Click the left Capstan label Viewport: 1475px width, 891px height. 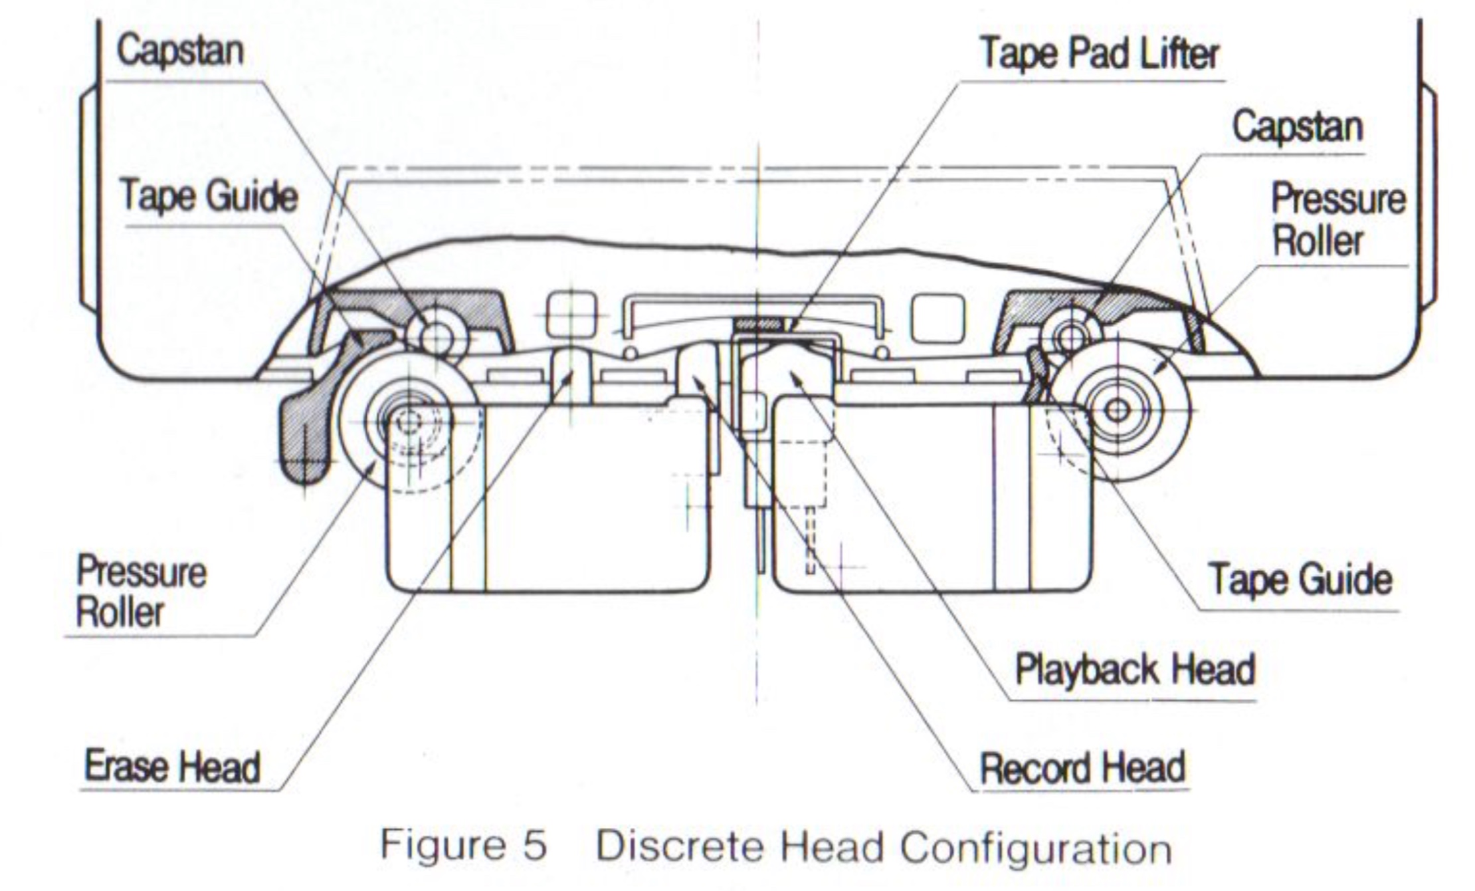(x=180, y=51)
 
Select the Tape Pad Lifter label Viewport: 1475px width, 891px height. (x=1100, y=53)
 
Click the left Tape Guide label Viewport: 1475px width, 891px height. (x=208, y=197)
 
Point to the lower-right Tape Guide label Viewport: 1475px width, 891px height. (x=1300, y=578)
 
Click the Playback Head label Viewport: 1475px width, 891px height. (x=1135, y=669)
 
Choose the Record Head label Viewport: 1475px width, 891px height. (x=1082, y=767)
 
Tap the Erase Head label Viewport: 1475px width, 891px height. (x=172, y=766)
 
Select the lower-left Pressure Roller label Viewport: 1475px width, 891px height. (x=141, y=592)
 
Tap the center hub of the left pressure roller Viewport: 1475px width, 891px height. (x=408, y=420)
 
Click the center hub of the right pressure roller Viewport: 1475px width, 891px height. (x=1118, y=410)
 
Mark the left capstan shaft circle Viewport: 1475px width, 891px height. (x=436, y=338)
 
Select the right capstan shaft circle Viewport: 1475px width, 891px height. (x=1070, y=336)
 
